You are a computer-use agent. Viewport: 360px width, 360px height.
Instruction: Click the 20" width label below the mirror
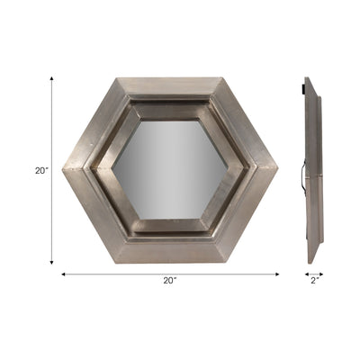(170, 281)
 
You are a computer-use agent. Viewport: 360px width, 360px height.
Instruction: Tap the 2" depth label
(313, 281)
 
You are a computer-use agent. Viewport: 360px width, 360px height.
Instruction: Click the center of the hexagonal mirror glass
(169, 169)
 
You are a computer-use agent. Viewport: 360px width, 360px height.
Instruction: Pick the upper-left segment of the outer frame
(94, 124)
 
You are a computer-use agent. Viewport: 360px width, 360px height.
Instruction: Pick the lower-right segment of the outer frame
(245, 214)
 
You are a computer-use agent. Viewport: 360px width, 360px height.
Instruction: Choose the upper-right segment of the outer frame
(245, 124)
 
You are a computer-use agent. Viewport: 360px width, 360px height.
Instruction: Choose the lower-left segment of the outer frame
(94, 214)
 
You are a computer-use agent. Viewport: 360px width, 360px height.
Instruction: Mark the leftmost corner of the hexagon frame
(64, 169)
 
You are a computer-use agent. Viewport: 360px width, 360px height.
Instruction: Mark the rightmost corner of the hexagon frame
(275, 169)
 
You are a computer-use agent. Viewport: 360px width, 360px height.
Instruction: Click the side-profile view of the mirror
(311, 171)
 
